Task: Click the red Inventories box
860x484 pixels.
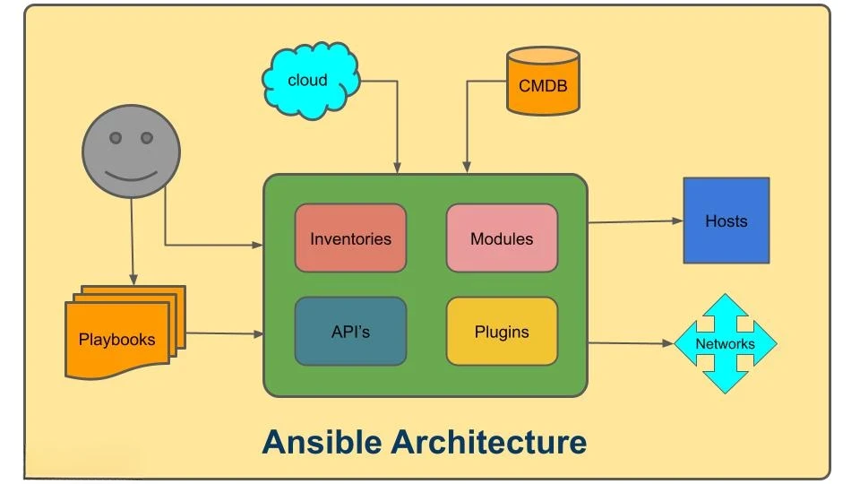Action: point(350,238)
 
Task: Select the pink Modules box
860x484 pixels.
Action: point(502,238)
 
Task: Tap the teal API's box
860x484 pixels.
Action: point(350,332)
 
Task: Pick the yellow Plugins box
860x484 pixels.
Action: point(502,332)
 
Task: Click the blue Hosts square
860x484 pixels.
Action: point(726,220)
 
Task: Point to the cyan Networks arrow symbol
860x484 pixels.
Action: point(725,344)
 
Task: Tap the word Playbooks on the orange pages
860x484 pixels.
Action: point(116,340)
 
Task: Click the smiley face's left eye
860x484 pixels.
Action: point(115,138)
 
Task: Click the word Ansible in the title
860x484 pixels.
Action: point(322,442)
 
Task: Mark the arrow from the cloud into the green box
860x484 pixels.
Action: point(397,125)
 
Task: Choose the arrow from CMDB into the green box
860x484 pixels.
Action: point(466,125)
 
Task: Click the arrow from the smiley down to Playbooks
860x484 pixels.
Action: point(133,233)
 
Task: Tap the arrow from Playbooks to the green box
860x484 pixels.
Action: point(224,333)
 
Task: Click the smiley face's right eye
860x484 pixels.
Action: point(146,138)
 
